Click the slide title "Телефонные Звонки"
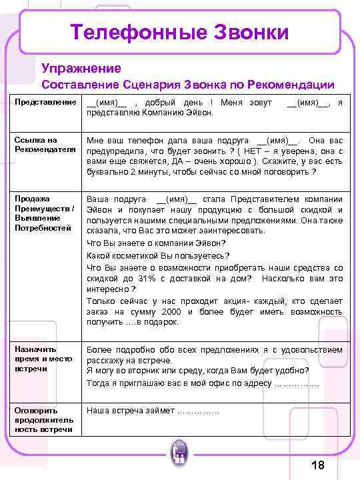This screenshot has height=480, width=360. coord(180,31)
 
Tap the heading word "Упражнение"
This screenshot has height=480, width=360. coord(81,68)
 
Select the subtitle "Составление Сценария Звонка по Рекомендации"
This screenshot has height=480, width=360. coord(188,85)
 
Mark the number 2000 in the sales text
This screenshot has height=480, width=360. coord(171,311)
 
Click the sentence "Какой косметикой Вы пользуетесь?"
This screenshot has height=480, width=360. coord(158,255)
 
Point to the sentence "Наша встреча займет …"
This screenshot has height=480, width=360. coord(153,411)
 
